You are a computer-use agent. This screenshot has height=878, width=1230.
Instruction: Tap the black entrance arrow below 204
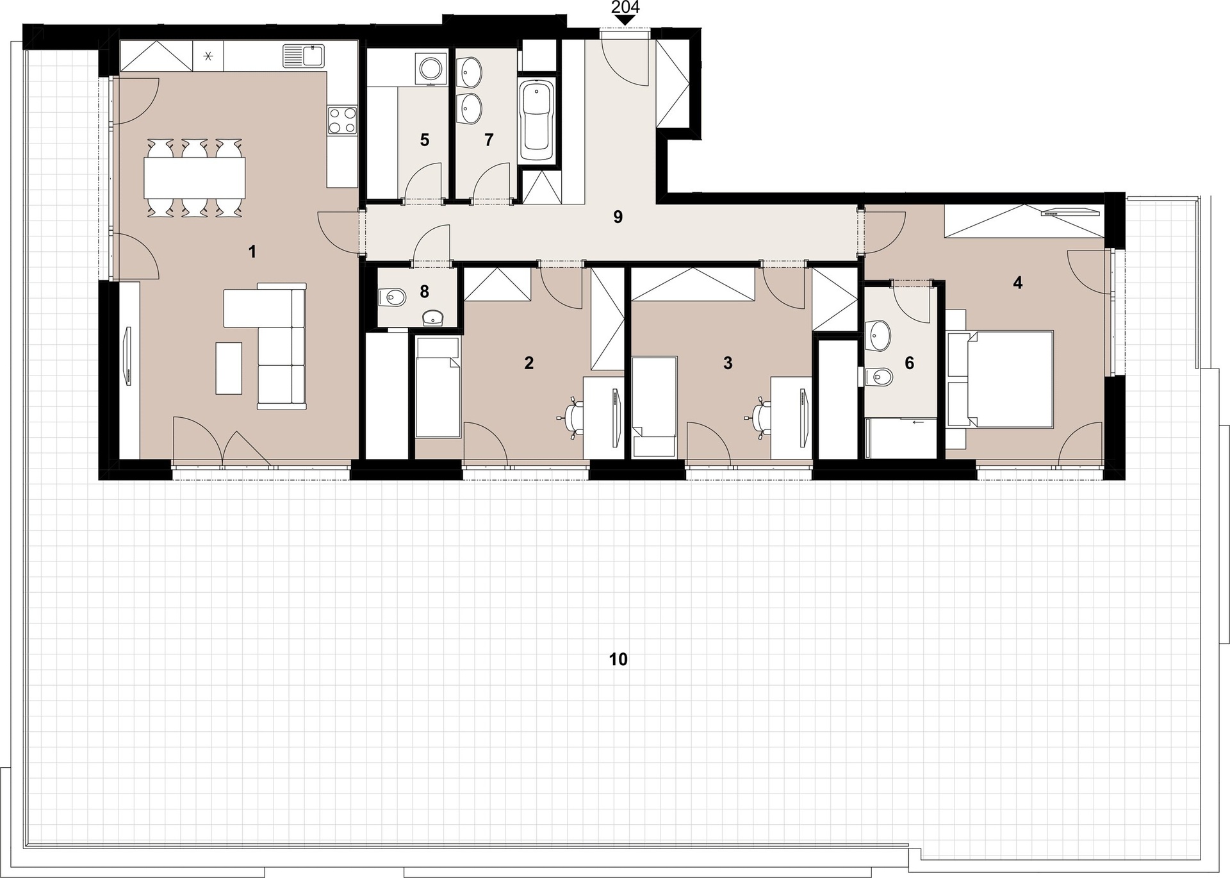tap(625, 20)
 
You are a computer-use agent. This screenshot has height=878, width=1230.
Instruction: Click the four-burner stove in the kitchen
tap(342, 120)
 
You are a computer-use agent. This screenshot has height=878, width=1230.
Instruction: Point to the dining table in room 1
tap(195, 178)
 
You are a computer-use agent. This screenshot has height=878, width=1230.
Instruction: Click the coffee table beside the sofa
tap(229, 368)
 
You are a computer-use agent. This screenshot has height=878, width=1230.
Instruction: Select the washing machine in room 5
tap(430, 69)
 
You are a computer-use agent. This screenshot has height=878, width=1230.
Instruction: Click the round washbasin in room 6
tap(878, 333)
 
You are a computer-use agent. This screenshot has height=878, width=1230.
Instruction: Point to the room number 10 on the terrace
tap(618, 659)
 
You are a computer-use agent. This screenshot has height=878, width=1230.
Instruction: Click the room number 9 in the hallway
tap(618, 217)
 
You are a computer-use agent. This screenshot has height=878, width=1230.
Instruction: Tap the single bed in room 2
tap(438, 387)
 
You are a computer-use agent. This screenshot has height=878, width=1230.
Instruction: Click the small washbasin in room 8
tap(436, 317)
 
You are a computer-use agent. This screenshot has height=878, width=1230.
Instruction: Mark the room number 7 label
tap(489, 140)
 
